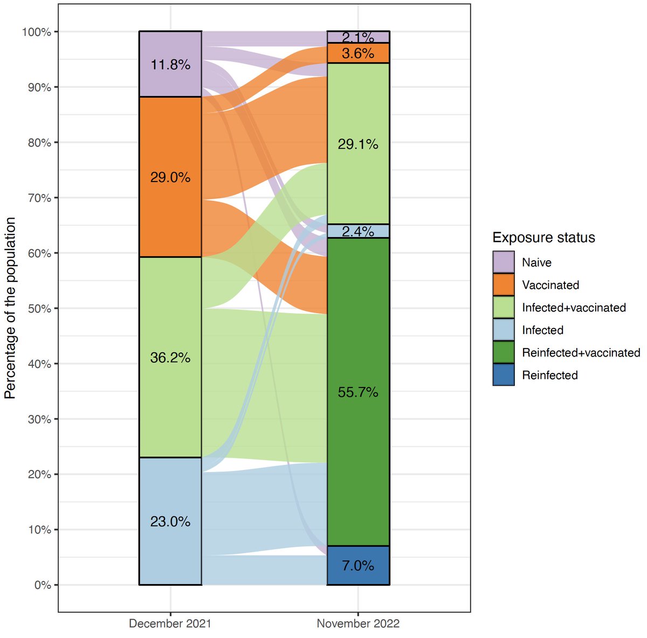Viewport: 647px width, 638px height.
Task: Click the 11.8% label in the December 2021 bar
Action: (170, 65)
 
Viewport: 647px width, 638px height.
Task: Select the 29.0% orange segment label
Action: (170, 177)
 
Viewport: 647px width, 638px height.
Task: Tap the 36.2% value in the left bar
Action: (170, 357)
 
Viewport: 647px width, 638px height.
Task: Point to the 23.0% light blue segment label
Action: (170, 521)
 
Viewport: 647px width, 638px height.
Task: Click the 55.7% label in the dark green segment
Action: (358, 392)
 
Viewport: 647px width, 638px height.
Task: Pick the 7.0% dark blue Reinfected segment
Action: (358, 565)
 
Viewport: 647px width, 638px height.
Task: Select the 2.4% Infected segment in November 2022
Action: (358, 231)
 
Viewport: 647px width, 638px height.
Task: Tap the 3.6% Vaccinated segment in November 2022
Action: (358, 53)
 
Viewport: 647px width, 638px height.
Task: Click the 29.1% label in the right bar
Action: (358, 144)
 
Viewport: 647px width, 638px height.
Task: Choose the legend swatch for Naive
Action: (504, 262)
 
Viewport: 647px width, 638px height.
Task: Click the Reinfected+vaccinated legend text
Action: (581, 353)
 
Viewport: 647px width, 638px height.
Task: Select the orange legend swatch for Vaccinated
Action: (504, 285)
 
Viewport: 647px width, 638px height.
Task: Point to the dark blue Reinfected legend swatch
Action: (504, 375)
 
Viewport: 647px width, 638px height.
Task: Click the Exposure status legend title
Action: (543, 238)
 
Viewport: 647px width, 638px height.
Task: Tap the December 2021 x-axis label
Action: (170, 623)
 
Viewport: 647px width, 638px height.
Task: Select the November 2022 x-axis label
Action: (358, 623)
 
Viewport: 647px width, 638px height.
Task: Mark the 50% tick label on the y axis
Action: (39, 309)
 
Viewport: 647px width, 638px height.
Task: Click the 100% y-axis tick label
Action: (37, 32)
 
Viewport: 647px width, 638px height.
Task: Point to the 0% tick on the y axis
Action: (43, 585)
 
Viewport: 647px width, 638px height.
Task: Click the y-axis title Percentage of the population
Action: (10, 308)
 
